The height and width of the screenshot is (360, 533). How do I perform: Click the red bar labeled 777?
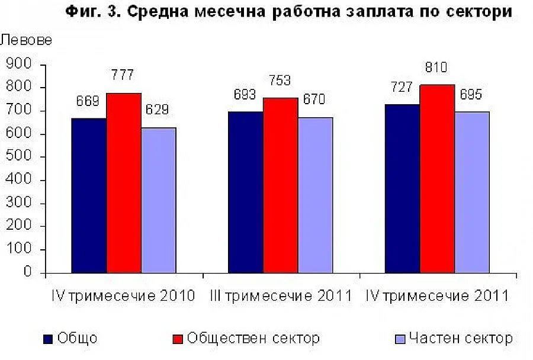[124, 184]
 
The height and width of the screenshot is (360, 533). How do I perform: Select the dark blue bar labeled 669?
[89, 196]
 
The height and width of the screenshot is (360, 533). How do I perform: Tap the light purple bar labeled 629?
[159, 201]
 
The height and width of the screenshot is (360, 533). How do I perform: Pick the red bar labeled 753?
[281, 186]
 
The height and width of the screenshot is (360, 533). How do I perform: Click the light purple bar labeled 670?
[316, 196]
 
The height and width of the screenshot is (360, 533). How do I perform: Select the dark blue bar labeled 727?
[403, 189]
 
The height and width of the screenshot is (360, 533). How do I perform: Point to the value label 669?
[87, 101]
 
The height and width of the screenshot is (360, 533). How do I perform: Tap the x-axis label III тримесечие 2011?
[281, 295]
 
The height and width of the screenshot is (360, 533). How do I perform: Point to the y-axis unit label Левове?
[26, 41]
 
